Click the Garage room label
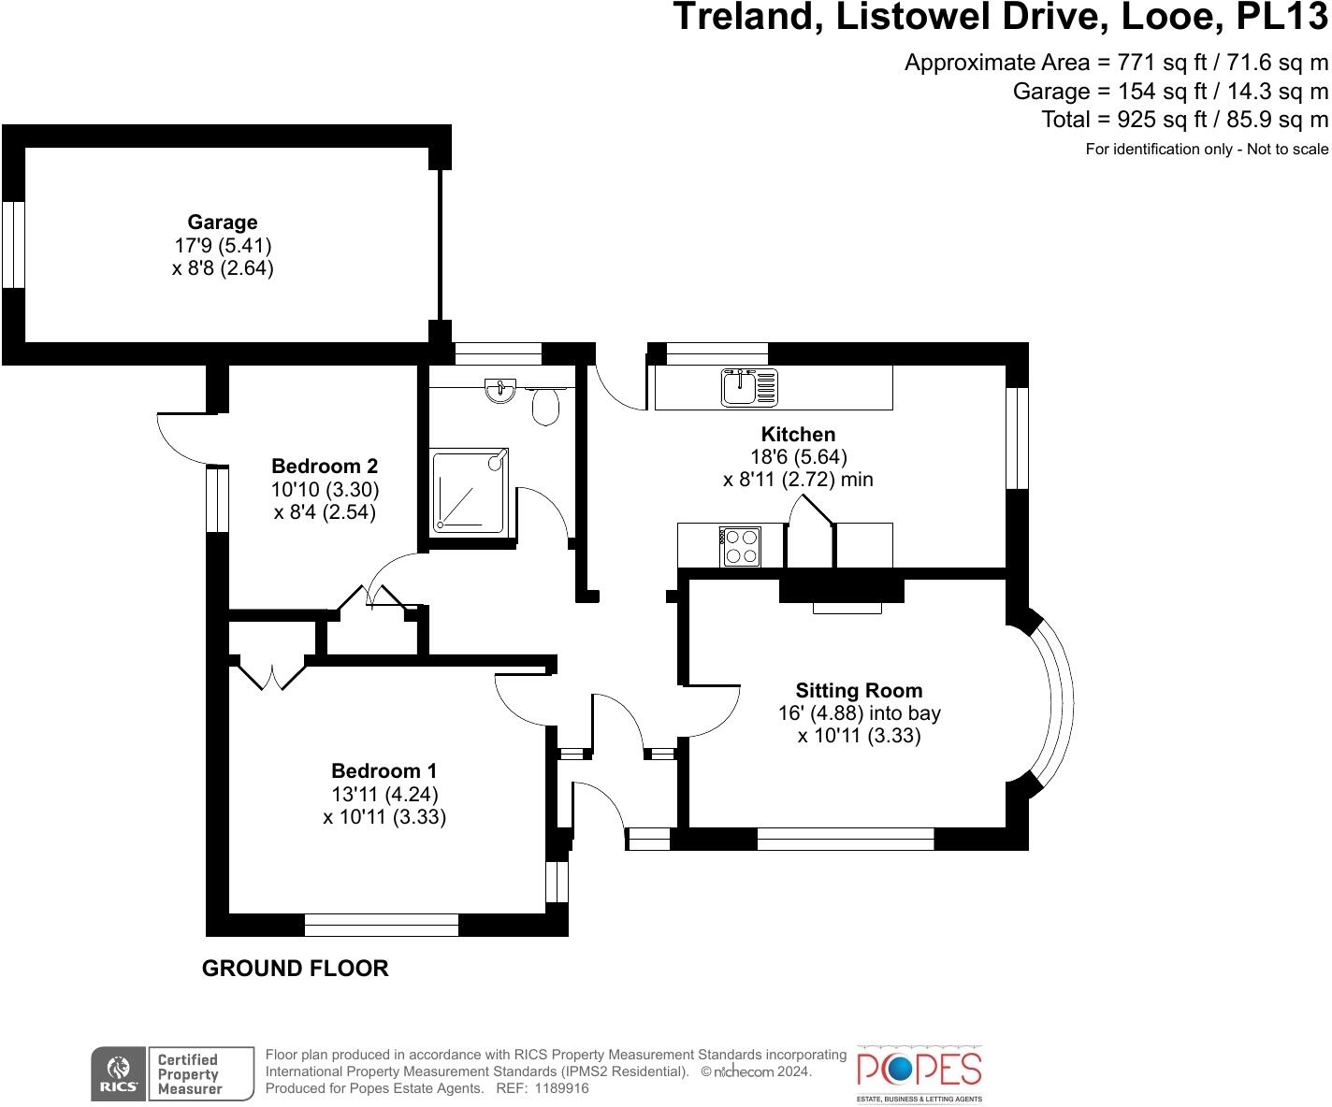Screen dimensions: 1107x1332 click(x=222, y=223)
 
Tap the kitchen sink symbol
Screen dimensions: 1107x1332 click(x=748, y=387)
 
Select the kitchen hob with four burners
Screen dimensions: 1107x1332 click(x=740, y=547)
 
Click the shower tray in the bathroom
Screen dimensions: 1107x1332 click(x=470, y=492)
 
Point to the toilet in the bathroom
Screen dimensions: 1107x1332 click(x=545, y=406)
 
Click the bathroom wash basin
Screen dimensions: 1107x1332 click(x=501, y=390)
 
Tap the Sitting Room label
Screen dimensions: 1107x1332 click(x=859, y=691)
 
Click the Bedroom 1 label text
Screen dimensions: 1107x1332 click(x=384, y=771)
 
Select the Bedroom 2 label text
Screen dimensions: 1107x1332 click(x=325, y=466)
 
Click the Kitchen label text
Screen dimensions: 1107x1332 click(x=798, y=434)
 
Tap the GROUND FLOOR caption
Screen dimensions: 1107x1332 click(x=295, y=969)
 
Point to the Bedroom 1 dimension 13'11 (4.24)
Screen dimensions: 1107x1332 click(x=384, y=795)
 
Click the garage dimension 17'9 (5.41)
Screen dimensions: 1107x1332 click(x=222, y=246)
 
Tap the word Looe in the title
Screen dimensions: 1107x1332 click(x=1184, y=17)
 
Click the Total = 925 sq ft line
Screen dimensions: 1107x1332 click(x=1184, y=120)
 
